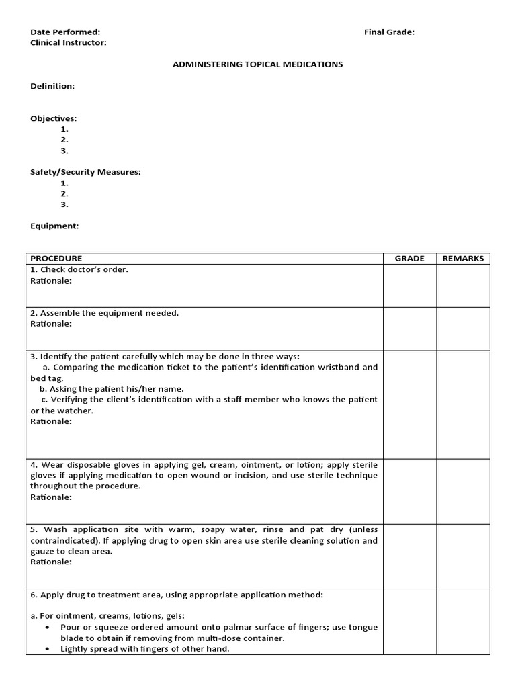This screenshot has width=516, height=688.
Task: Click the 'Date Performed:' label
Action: coord(65,32)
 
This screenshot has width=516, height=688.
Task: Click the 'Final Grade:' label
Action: coord(389,32)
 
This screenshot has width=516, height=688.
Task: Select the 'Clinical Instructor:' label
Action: coord(68,42)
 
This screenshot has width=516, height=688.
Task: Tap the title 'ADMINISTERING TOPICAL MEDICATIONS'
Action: coord(258,64)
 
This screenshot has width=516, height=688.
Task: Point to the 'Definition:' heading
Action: coord(52,86)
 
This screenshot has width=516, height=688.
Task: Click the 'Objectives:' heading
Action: coord(53,118)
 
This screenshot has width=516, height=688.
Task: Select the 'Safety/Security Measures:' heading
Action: coord(85,172)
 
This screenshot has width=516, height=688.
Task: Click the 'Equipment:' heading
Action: coord(54,226)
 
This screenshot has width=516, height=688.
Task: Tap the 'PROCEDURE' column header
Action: coord(56,259)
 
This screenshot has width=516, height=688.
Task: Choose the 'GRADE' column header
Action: coord(409,259)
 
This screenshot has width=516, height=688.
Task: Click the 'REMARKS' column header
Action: coord(463,259)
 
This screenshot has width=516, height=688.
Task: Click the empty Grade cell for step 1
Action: coord(409,286)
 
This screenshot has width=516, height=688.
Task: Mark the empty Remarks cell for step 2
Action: coord(463,329)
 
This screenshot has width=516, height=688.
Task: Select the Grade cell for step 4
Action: coord(409,490)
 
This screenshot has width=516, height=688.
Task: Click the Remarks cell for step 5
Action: coord(463,556)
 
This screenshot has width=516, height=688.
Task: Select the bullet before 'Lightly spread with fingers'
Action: coord(48,649)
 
